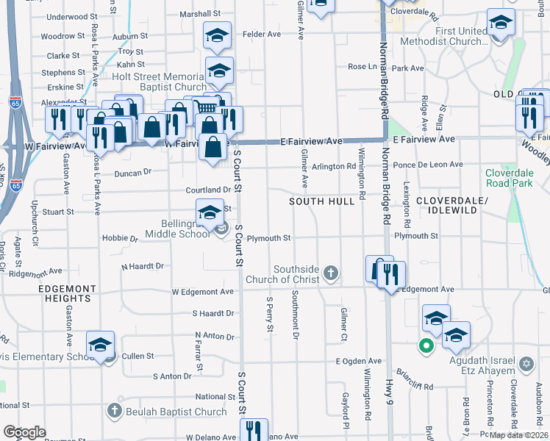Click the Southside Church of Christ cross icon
click(x=331, y=274)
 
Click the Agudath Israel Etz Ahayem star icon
click(x=526, y=365)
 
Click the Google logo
click(x=24, y=432)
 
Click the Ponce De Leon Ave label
click(x=429, y=165)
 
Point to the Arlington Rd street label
click(x=334, y=166)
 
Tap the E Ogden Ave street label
click(x=359, y=361)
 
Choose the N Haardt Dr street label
click(x=142, y=265)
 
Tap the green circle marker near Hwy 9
click(x=425, y=345)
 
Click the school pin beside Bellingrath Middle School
click(x=210, y=212)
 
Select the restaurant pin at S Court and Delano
click(x=254, y=429)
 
